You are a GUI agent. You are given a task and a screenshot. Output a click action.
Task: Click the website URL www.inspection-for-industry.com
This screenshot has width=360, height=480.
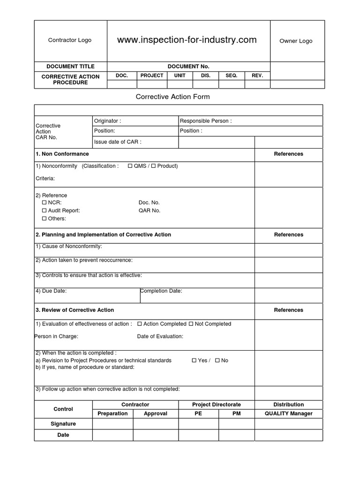(x=187, y=40)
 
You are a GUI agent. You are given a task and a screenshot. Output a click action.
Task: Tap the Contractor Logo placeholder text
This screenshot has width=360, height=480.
(x=70, y=40)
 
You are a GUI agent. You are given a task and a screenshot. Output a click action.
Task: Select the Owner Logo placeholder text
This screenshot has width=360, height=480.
(x=296, y=41)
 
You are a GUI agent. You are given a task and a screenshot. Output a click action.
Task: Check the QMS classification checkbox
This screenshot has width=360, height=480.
(x=130, y=166)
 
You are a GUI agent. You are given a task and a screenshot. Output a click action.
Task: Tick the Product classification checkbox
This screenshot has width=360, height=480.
(x=153, y=166)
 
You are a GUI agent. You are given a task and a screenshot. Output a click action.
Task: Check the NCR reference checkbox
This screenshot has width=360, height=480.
(x=45, y=202)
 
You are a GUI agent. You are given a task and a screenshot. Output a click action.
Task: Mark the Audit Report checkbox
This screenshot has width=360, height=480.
(x=45, y=210)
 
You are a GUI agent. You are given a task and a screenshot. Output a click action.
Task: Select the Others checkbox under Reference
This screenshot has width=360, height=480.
(x=45, y=218)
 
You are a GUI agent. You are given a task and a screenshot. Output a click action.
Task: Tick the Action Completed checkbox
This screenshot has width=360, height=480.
(x=140, y=324)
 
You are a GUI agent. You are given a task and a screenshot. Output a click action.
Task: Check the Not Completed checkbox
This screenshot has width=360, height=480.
(x=191, y=324)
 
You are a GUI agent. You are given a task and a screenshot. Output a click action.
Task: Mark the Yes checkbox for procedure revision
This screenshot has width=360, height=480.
(x=194, y=360)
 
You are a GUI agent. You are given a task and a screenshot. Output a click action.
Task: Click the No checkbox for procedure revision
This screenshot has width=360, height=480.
(x=217, y=360)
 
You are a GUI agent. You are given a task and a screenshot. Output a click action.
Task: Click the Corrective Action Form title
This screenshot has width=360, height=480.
(x=172, y=97)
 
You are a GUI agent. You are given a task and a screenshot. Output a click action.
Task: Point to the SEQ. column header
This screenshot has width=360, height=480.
(x=232, y=75)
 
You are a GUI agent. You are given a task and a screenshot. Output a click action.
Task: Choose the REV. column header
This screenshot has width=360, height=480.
(x=257, y=75)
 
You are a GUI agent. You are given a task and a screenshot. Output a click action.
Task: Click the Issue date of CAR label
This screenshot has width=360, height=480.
(x=118, y=142)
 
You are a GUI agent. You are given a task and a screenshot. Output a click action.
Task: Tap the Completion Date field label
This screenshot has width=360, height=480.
(x=161, y=291)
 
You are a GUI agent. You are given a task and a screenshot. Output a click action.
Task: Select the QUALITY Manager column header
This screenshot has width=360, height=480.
(x=288, y=413)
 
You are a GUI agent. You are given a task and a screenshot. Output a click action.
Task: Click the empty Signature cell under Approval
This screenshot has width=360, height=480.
(x=155, y=424)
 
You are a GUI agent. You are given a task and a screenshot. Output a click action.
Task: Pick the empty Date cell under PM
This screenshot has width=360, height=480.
(x=236, y=435)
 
